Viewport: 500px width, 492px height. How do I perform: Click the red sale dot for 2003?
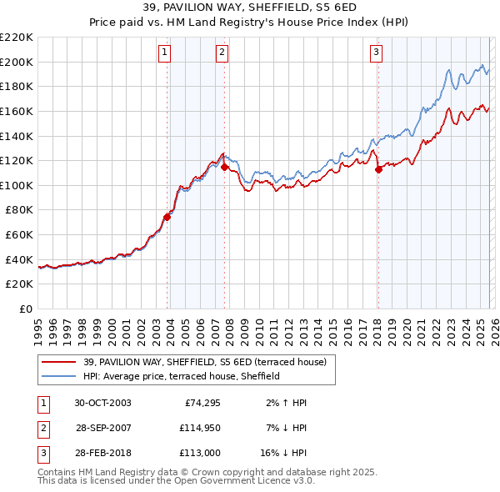(167, 217)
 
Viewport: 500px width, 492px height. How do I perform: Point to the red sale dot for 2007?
(224, 167)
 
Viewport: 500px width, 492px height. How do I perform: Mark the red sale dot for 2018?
(378, 169)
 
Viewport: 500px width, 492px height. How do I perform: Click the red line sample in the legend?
(59, 361)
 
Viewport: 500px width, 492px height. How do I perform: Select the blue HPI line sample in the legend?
(59, 376)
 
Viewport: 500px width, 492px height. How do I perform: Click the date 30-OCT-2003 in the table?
(102, 403)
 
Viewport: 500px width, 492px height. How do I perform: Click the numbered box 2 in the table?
(42, 428)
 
